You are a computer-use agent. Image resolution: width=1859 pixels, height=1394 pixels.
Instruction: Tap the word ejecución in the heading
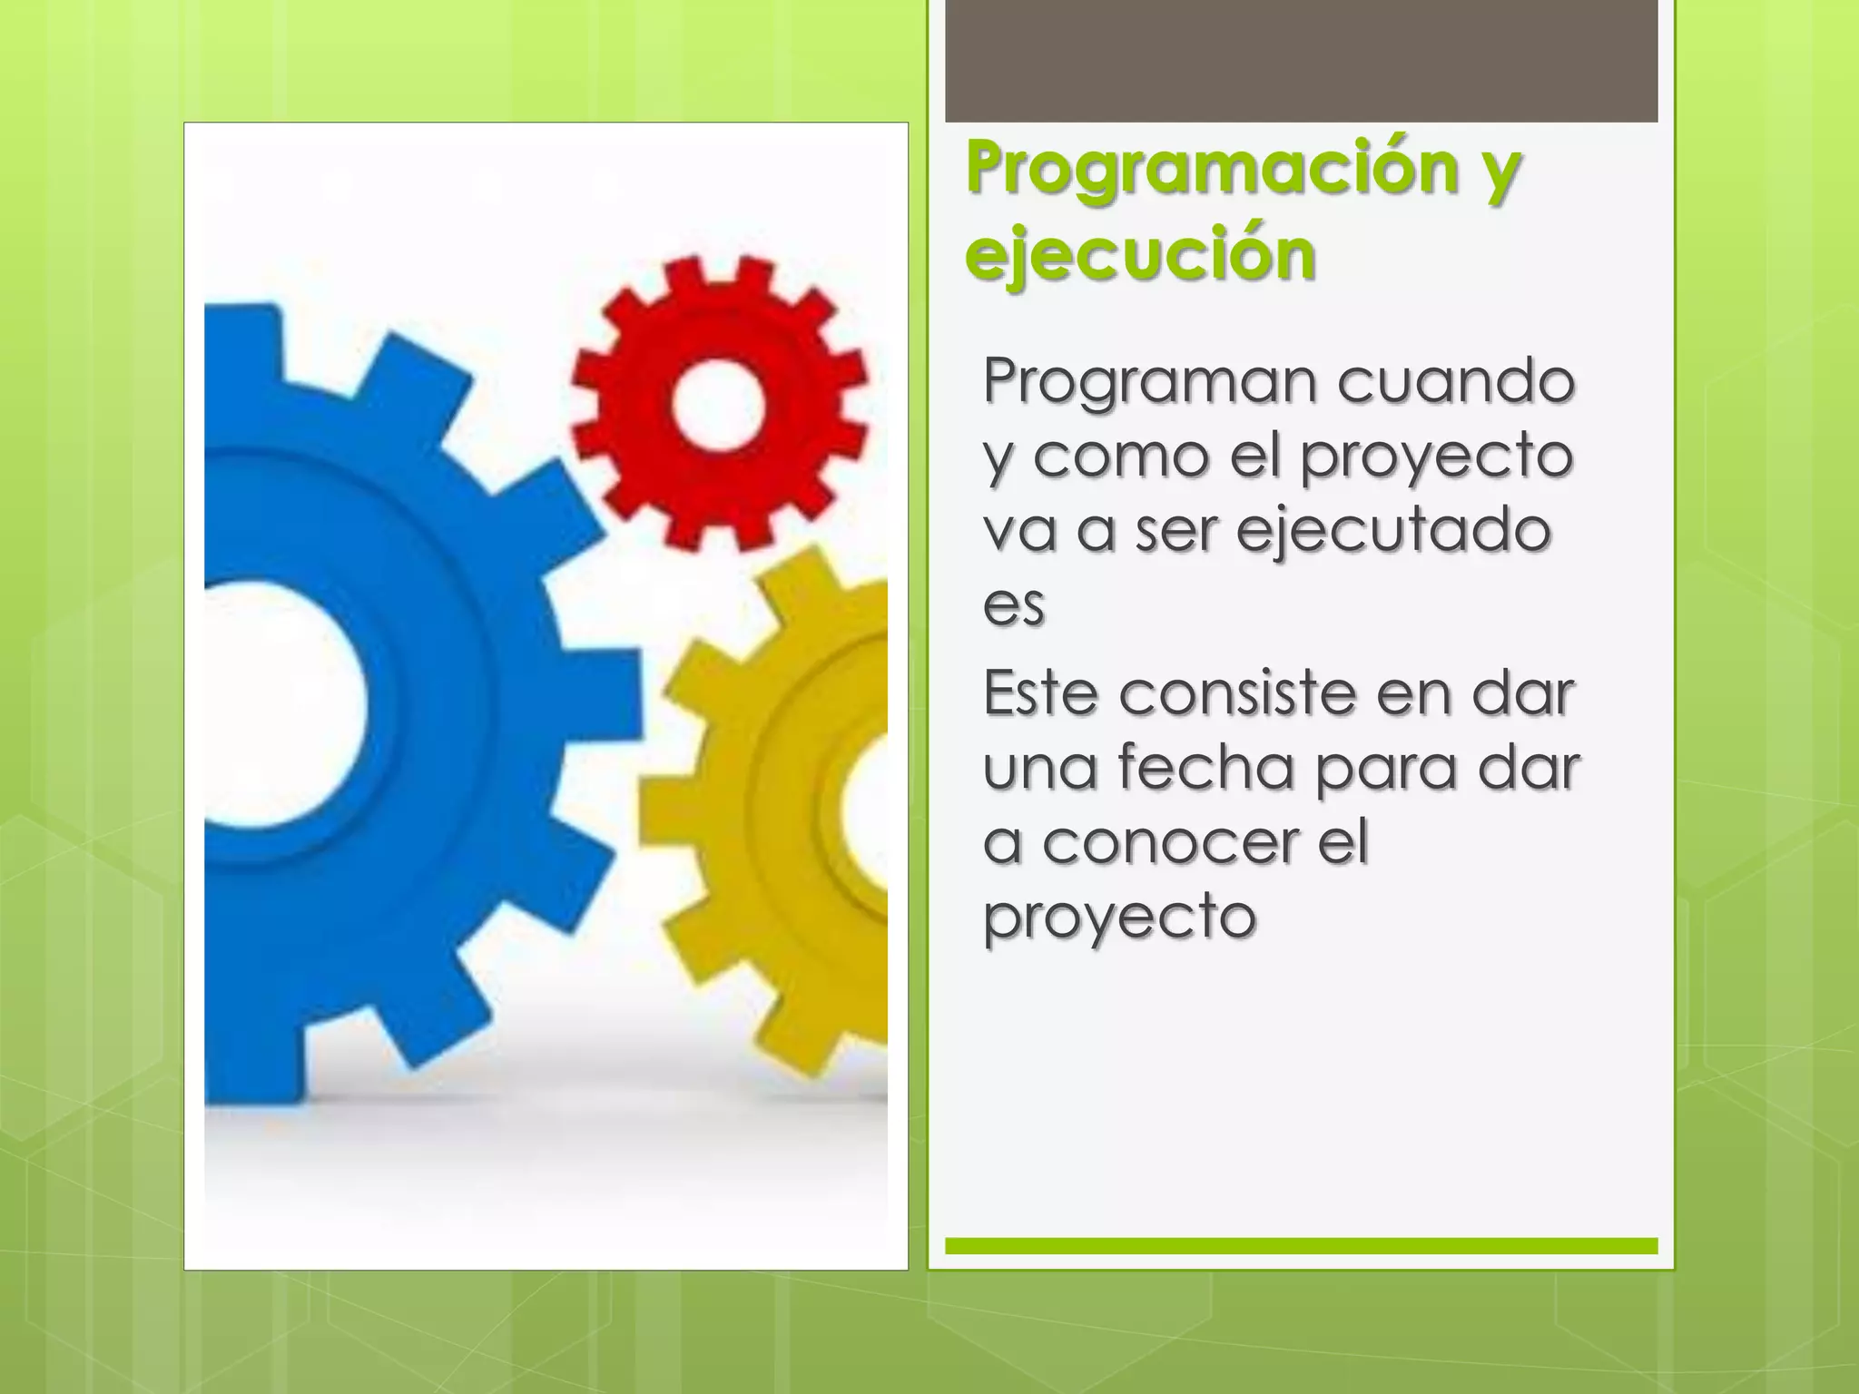click(1140, 254)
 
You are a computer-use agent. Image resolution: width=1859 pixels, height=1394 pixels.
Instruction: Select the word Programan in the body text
click(1148, 383)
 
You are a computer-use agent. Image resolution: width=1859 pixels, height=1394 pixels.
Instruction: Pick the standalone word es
click(1014, 604)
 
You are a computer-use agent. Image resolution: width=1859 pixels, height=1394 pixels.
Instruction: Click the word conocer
click(1170, 843)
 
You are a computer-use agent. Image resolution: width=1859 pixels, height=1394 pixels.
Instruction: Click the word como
click(1121, 456)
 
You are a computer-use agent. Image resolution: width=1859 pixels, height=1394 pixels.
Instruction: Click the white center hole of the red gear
click(719, 403)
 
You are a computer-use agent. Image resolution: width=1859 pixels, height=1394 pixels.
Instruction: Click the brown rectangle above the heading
click(1301, 60)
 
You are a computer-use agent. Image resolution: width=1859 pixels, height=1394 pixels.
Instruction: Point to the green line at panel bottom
click(1301, 1246)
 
